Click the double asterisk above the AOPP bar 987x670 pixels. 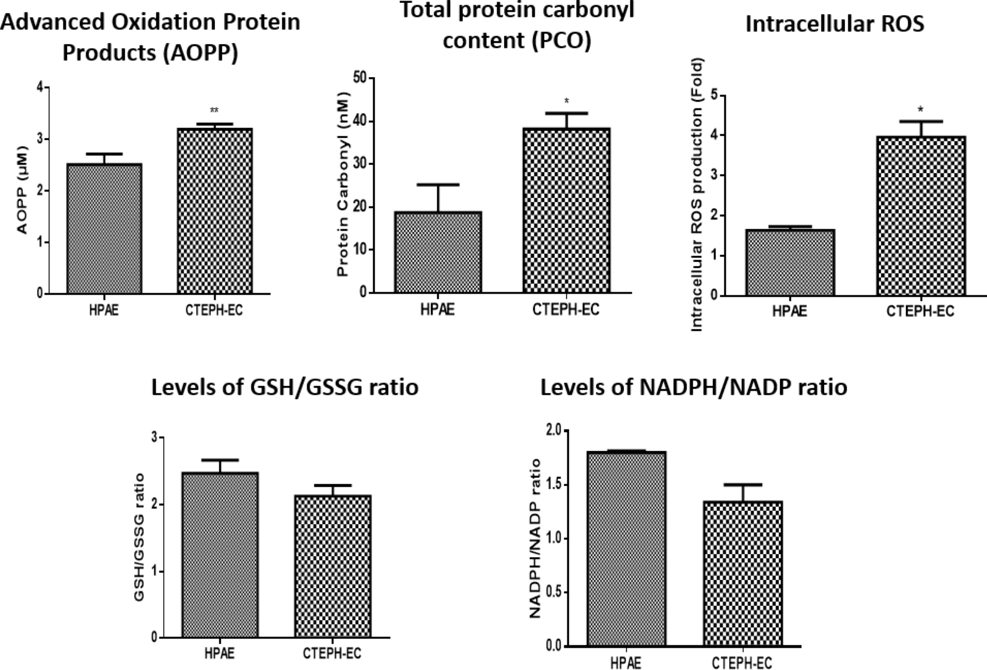coord(214,111)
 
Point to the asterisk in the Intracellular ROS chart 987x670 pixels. coord(920,110)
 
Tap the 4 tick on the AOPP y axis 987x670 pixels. coord(40,87)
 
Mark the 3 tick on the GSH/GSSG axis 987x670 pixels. coord(154,437)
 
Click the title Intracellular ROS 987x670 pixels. coord(834,24)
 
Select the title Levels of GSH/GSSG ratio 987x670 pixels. coord(285,387)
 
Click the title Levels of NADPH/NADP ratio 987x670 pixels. coord(693,387)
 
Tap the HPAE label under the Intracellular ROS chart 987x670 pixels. coord(789,311)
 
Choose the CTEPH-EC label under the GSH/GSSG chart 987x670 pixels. coord(332,653)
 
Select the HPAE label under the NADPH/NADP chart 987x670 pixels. coord(626,663)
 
